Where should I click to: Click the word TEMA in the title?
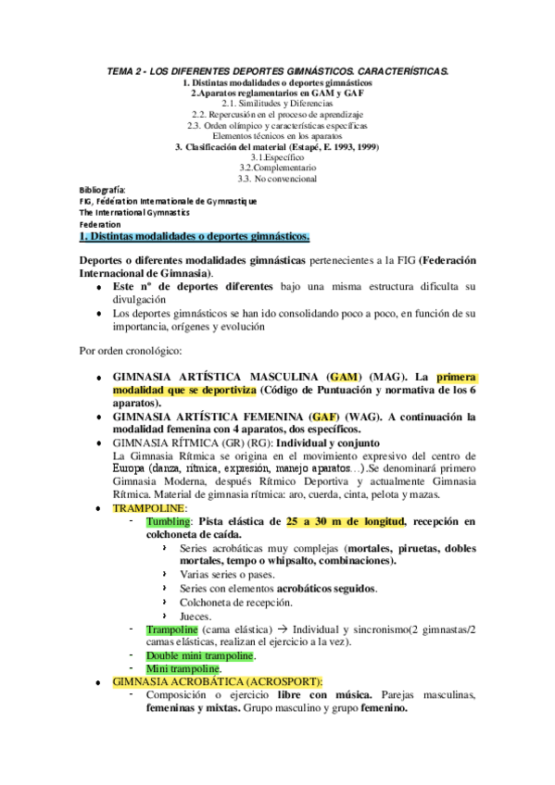[121, 70]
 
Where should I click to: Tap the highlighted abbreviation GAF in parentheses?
[340, 417]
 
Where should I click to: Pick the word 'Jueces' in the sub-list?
[196, 615]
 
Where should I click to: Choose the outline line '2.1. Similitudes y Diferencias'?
[277, 103]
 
